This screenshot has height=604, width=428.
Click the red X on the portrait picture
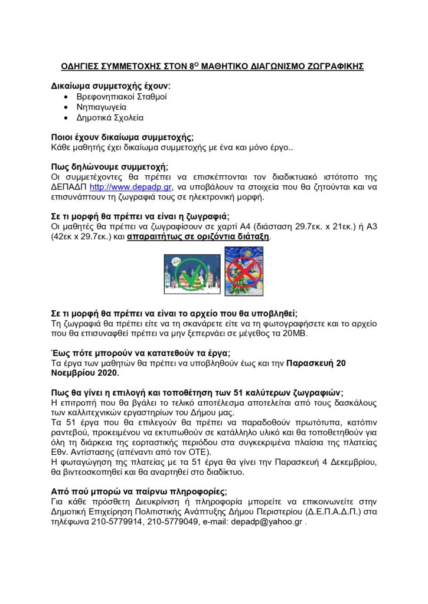244,271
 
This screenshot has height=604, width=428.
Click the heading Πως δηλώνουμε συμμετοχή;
110,167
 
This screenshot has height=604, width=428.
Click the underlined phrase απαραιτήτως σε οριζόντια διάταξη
198,236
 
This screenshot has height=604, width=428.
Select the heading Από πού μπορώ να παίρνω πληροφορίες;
139,492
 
